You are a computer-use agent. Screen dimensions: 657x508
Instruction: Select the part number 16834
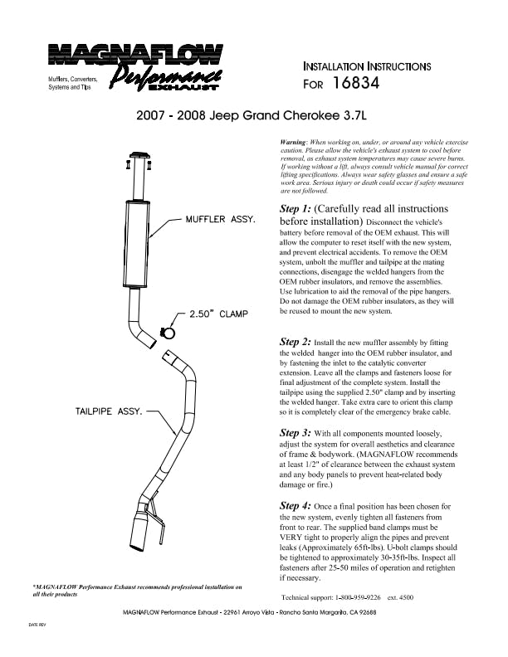(354, 84)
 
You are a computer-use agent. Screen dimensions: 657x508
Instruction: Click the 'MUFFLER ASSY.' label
(219, 221)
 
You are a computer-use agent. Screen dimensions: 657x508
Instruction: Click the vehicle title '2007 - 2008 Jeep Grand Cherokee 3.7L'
(253, 116)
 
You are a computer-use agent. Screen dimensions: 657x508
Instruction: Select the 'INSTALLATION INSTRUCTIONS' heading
(367, 65)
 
